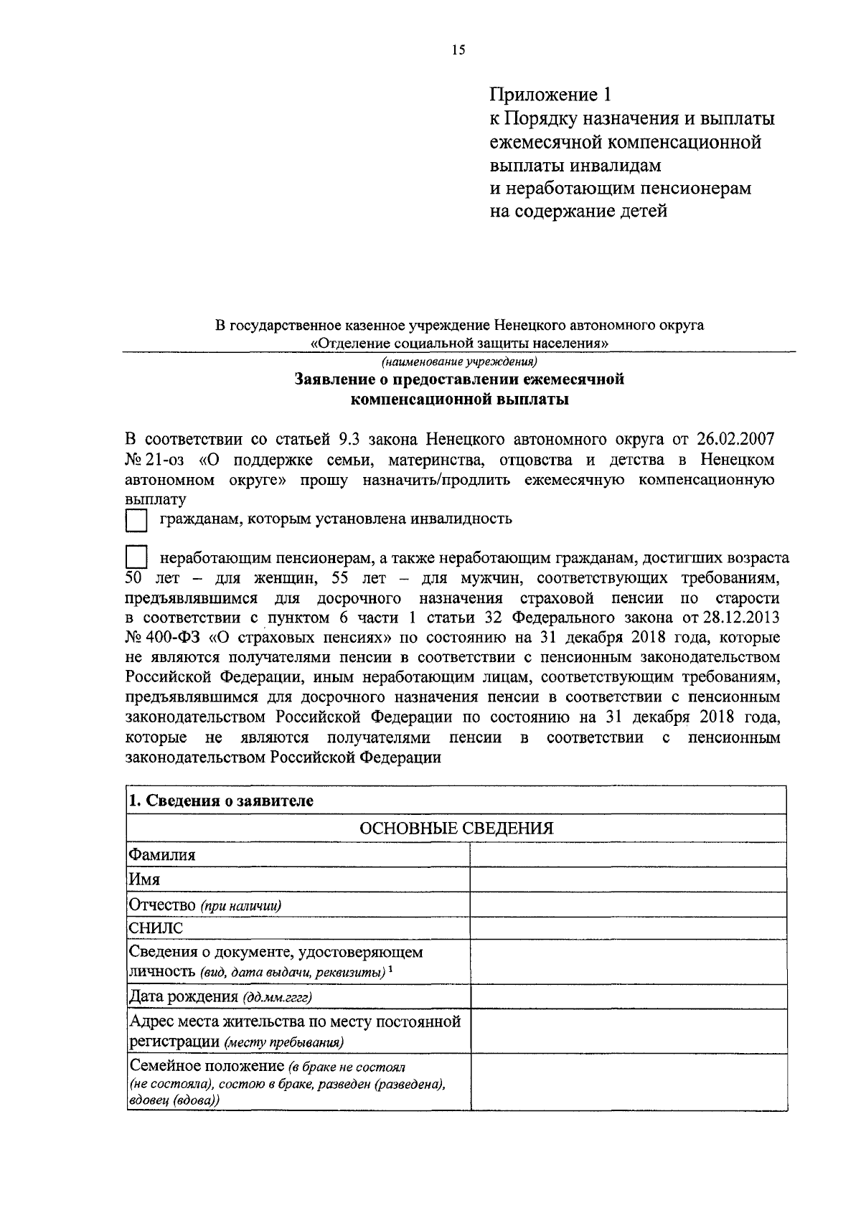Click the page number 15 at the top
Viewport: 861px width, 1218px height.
click(x=458, y=49)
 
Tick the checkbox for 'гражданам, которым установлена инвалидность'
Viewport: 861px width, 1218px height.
click(x=136, y=520)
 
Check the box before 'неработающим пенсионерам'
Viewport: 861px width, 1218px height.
click(x=136, y=558)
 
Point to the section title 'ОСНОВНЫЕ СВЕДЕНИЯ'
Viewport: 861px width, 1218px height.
click(x=456, y=828)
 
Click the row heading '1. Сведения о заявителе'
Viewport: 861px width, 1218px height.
click(x=220, y=801)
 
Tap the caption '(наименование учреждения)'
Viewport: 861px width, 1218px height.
click(x=459, y=362)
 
